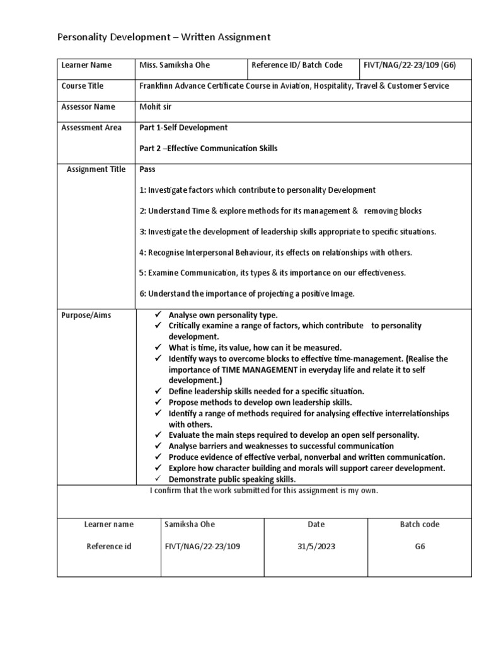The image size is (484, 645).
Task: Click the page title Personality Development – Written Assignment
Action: pyautogui.click(x=164, y=38)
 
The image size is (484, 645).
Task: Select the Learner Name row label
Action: pyautogui.click(x=86, y=65)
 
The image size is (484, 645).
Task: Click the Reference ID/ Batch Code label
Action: pyautogui.click(x=297, y=65)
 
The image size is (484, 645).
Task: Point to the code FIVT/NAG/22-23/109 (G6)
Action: pyautogui.click(x=410, y=65)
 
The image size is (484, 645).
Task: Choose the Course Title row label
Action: pyautogui.click(x=83, y=86)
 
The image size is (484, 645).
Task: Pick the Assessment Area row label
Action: pyautogui.click(x=91, y=127)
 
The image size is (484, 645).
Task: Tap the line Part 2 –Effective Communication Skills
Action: pyautogui.click(x=208, y=148)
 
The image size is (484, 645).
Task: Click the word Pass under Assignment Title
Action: pyautogui.click(x=147, y=169)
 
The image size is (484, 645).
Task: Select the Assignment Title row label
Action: pyautogui.click(x=96, y=169)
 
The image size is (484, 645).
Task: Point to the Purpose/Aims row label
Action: pyautogui.click(x=86, y=315)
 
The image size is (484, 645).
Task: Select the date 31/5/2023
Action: pyautogui.click(x=316, y=546)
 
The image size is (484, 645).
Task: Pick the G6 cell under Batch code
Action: pyautogui.click(x=420, y=546)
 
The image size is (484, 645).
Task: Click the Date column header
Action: pyautogui.click(x=316, y=524)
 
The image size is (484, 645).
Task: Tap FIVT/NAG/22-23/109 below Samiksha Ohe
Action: pyautogui.click(x=202, y=546)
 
